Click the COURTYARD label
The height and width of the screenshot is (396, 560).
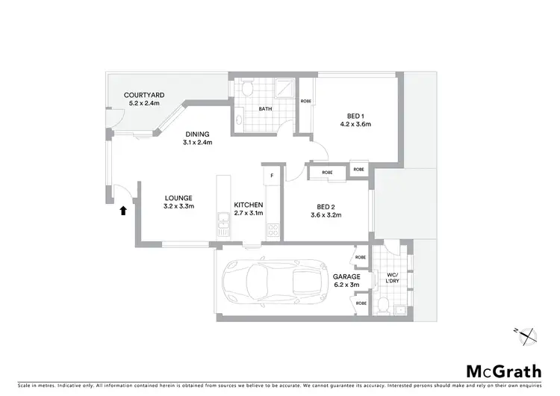(144, 95)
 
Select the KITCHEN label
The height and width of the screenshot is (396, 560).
(249, 205)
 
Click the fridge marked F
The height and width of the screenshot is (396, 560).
(273, 176)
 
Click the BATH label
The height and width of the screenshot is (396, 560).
(265, 109)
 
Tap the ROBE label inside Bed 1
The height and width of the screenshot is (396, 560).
(305, 101)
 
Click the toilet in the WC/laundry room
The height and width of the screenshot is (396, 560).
(382, 303)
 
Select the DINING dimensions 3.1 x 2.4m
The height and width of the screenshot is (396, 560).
(199, 143)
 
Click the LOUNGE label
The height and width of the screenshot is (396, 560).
(179, 198)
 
